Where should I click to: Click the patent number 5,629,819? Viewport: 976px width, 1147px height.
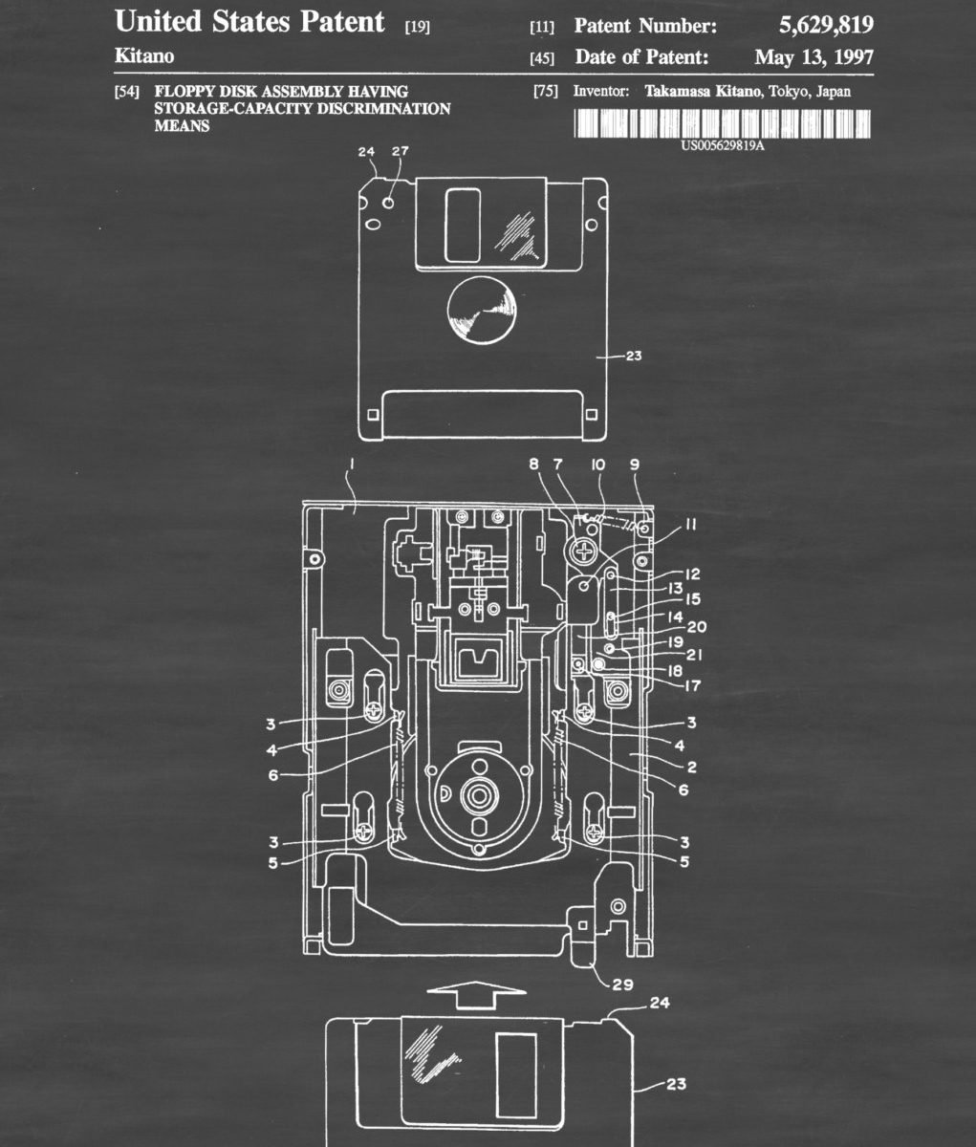pos(826,25)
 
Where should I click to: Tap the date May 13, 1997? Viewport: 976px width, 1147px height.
pos(814,57)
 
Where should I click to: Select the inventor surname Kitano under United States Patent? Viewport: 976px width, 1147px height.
pos(144,56)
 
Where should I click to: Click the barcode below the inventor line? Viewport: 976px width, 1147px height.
pos(723,123)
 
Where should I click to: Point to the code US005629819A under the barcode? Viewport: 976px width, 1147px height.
pos(723,146)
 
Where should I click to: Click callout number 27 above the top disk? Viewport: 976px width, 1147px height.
pos(400,151)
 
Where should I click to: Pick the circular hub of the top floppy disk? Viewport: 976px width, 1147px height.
pos(482,311)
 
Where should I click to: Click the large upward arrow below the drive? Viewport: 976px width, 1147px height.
pos(477,995)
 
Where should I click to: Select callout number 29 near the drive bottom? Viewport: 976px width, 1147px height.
pos(622,985)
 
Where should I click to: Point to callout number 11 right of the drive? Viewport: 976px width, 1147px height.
pos(690,525)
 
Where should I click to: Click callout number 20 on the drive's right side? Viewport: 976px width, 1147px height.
pos(697,626)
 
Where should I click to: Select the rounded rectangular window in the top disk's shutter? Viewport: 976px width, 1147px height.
pos(463,225)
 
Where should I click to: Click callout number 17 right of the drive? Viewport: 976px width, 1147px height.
pos(692,686)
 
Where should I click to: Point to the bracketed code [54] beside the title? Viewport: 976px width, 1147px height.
pos(126,92)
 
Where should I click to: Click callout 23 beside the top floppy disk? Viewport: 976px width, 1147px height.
pos(634,357)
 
